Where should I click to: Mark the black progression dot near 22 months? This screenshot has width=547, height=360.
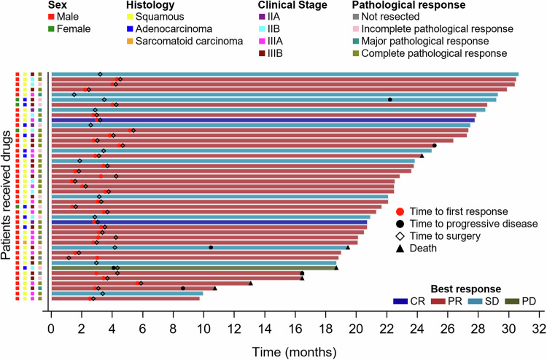[390, 99]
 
